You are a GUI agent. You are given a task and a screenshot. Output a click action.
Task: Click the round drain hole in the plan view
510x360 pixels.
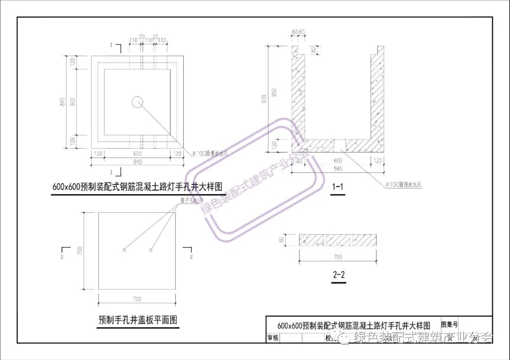[x=137, y=101]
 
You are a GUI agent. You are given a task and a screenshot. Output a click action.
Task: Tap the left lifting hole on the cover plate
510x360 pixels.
[x=124, y=250]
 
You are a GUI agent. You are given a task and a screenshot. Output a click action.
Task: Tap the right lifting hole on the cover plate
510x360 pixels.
[x=151, y=250]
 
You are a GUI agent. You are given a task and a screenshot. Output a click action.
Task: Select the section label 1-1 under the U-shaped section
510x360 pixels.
[x=338, y=187]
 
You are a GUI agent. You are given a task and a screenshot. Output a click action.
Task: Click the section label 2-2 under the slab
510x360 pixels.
[x=339, y=275]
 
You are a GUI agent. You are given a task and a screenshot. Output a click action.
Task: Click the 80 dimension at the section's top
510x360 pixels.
[x=313, y=50]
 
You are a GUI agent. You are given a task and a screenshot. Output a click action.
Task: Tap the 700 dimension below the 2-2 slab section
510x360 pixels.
[x=338, y=257]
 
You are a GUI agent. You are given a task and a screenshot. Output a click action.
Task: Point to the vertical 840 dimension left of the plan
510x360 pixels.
[x=61, y=102]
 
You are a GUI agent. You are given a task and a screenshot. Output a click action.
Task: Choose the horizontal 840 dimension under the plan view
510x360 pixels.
[x=137, y=162]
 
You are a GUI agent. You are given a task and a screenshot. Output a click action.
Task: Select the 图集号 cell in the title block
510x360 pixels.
[x=449, y=325]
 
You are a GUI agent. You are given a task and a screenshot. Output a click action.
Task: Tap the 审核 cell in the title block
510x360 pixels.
[x=273, y=338]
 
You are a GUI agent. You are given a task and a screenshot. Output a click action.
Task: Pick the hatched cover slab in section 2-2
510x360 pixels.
[x=338, y=240]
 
